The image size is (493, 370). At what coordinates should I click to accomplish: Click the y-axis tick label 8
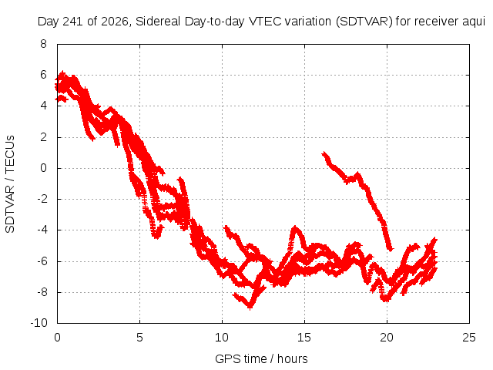(43, 44)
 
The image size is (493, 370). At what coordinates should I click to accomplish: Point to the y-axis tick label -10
(39, 323)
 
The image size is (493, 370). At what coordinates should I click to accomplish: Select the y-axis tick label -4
(42, 230)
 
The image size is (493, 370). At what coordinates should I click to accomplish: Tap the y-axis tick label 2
(43, 137)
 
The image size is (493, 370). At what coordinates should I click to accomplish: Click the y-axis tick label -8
(42, 292)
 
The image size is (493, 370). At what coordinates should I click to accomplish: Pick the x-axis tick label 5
(139, 338)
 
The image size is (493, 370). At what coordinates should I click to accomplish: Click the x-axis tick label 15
(304, 338)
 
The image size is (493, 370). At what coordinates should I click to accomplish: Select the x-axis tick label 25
(469, 338)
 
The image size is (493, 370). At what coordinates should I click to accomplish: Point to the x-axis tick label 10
(222, 338)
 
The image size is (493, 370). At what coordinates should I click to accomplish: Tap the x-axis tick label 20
(387, 338)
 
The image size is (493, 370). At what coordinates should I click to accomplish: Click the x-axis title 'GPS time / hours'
(261, 359)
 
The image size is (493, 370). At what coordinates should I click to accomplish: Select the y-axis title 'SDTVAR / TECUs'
(10, 184)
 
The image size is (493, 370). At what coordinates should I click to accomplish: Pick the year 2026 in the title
(115, 22)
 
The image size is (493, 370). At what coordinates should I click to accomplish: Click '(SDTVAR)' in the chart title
(364, 22)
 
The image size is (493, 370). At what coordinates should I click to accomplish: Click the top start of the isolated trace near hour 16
(324, 153)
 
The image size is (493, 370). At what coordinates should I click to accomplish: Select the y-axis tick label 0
(43, 168)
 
